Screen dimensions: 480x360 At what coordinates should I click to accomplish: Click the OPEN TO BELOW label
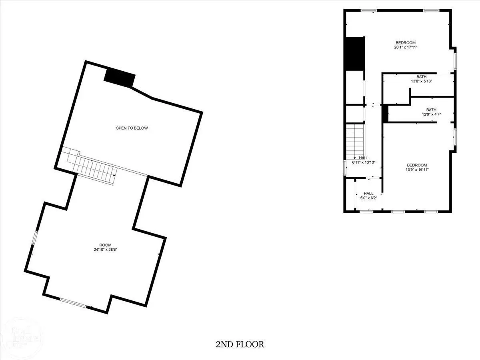coord(132,128)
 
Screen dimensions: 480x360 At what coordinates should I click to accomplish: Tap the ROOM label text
coord(106,245)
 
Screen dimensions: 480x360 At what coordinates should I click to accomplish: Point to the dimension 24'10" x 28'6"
coord(106,250)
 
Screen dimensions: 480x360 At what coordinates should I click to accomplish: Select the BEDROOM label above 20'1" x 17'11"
coord(406,43)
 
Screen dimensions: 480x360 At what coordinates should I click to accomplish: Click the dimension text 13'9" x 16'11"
coord(417,170)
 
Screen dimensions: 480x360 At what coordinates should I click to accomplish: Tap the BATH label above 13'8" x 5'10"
coord(421,77)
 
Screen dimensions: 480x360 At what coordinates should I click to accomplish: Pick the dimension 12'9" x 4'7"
coord(431,114)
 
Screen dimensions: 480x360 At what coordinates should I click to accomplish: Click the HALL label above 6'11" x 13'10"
coord(364,158)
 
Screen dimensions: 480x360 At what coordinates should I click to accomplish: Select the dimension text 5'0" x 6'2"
coord(369,198)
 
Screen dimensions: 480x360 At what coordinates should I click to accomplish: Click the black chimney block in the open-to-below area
coord(119,78)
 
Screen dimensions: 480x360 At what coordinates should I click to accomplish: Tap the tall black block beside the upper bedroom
coord(355,54)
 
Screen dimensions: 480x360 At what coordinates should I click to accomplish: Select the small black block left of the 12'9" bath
coord(385,114)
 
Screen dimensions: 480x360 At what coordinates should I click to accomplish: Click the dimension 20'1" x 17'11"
coord(406,47)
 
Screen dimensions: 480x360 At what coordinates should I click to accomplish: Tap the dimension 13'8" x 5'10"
coord(421,81)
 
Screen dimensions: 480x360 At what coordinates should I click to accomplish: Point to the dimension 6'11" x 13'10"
coord(364,162)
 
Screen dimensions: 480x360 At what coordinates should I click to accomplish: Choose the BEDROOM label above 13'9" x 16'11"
coord(417,165)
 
